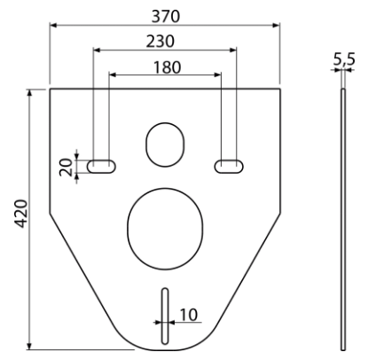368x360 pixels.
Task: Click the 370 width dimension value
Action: click(x=166, y=17)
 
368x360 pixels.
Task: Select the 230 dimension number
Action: click(x=161, y=42)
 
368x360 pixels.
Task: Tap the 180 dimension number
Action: click(x=167, y=67)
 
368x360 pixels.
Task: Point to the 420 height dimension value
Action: click(x=21, y=214)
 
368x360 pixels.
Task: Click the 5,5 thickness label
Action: click(x=344, y=59)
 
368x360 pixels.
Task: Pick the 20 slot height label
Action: click(x=66, y=168)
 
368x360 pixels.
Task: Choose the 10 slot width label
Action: click(x=188, y=315)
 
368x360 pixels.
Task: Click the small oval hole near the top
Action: click(x=165, y=145)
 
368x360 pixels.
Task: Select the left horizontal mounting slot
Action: click(x=101, y=167)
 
